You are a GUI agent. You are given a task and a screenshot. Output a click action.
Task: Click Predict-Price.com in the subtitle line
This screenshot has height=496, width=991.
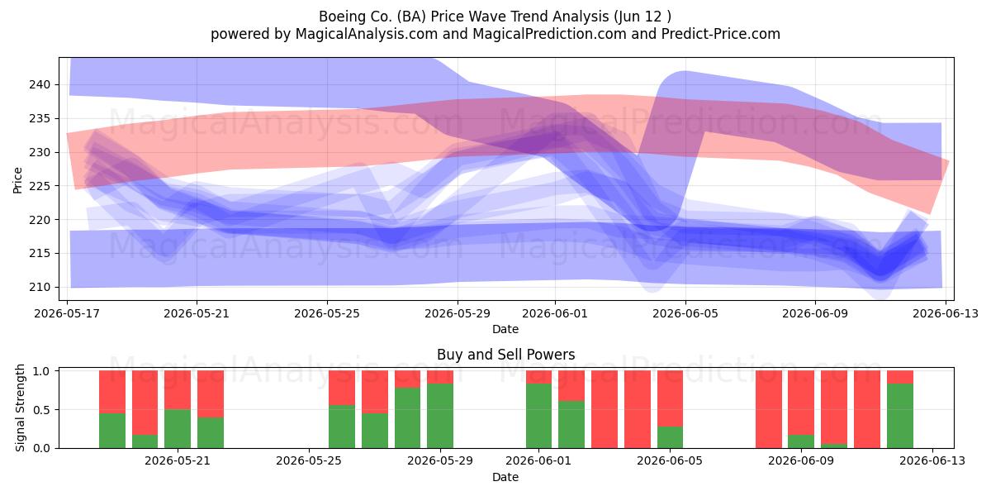click(721, 34)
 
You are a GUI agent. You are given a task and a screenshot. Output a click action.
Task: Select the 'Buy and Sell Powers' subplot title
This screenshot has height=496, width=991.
click(505, 355)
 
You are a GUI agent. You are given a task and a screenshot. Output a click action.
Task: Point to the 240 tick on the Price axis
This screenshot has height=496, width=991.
click(40, 84)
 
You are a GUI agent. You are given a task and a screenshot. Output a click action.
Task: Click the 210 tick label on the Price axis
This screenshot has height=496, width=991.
click(40, 287)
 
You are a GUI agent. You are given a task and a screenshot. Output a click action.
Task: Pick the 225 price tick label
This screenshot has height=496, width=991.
click(40, 186)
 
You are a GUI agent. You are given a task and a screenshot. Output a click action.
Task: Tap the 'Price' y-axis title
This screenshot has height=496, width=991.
click(17, 180)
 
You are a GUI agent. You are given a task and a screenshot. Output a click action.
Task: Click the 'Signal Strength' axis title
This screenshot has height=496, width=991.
click(20, 408)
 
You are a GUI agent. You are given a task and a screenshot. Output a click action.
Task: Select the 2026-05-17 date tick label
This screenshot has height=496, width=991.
click(67, 313)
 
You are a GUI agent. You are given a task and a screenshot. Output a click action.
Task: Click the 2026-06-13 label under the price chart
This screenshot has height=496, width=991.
click(946, 313)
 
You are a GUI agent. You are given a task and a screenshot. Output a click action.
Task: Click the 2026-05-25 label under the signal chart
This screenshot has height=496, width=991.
click(309, 461)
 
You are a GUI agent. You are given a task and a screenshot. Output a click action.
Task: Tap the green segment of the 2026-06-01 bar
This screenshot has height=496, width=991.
click(538, 416)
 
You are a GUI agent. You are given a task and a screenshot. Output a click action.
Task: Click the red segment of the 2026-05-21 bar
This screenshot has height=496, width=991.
click(178, 389)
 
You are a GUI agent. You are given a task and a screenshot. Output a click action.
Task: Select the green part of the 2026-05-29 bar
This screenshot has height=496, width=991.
click(440, 416)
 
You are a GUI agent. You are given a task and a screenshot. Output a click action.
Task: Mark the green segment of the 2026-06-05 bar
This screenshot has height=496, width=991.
click(671, 437)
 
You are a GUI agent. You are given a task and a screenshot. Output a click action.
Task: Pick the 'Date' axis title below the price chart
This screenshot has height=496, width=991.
click(505, 329)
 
